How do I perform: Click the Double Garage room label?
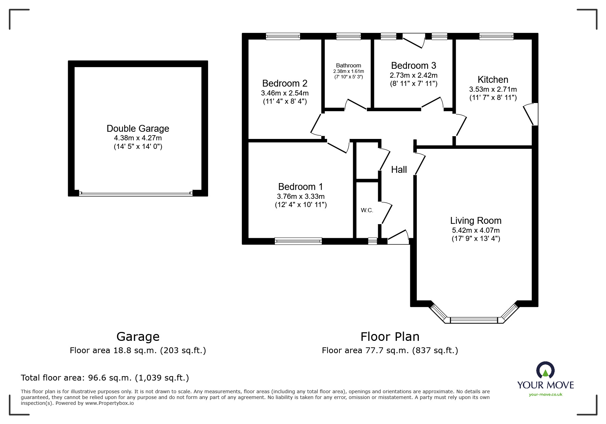pos(138,129)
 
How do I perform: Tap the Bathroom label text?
pos(348,65)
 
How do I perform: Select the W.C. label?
pos(367,210)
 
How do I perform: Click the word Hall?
pos(399,169)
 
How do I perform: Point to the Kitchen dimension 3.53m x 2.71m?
pos(493,89)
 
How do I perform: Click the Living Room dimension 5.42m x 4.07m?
pos(476,230)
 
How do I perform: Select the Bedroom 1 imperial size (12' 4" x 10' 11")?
pos(301,205)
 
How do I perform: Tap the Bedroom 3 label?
pos(413,65)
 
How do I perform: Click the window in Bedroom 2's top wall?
pos(283,36)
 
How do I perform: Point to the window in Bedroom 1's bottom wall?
pos(298,241)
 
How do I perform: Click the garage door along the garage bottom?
pos(136,193)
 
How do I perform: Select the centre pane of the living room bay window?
pos(474,320)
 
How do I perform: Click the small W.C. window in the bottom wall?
pos(372,241)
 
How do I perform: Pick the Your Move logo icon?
pos(545,371)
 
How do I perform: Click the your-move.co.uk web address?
pos(545,395)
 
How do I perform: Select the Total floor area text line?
pos(105,378)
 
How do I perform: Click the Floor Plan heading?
pos(390,337)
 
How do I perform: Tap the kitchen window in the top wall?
pos(496,36)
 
